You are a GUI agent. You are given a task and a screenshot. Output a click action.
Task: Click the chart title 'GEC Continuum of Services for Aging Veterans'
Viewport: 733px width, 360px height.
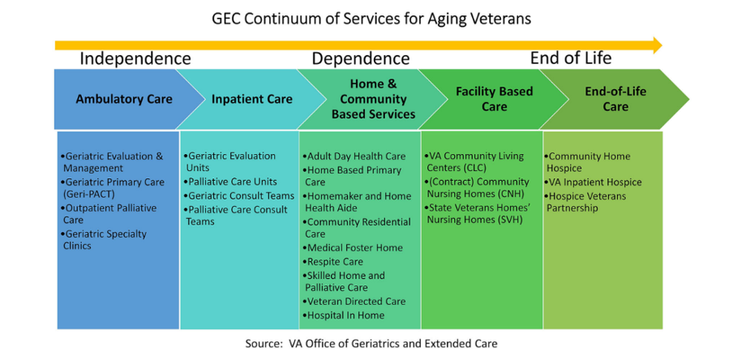pos(371,19)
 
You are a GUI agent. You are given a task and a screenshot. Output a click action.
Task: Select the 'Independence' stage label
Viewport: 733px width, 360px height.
pos(135,59)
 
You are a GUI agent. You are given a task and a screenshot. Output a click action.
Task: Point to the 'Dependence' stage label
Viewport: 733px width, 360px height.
pos(361,59)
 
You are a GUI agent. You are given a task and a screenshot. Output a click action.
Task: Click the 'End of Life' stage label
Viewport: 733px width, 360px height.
pos(571,58)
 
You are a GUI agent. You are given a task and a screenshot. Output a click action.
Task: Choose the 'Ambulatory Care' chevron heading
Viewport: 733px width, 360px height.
pos(124,99)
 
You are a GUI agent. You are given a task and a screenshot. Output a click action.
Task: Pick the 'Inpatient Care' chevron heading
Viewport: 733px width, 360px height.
pos(252,99)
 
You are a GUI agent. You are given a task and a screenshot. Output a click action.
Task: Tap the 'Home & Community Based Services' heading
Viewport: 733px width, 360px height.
pos(374,99)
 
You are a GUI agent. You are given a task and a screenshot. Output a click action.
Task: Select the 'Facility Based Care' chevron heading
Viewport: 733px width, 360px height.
pos(495,99)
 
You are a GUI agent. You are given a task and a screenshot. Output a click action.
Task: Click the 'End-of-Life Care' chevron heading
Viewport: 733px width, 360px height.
pos(615,99)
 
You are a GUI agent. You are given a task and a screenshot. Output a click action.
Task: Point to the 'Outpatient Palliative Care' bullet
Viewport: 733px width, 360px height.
pos(109,214)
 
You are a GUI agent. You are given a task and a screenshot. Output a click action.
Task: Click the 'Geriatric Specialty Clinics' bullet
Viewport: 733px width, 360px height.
pos(105,239)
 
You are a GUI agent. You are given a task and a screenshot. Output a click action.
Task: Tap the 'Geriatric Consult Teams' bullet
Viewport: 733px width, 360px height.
pos(239,195)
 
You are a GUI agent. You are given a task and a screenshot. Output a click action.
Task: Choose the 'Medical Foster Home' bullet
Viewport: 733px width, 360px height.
pos(353,248)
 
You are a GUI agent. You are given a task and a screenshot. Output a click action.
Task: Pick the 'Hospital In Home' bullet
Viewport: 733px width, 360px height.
pos(344,315)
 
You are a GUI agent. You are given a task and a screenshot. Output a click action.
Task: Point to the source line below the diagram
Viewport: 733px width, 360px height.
pos(371,344)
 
